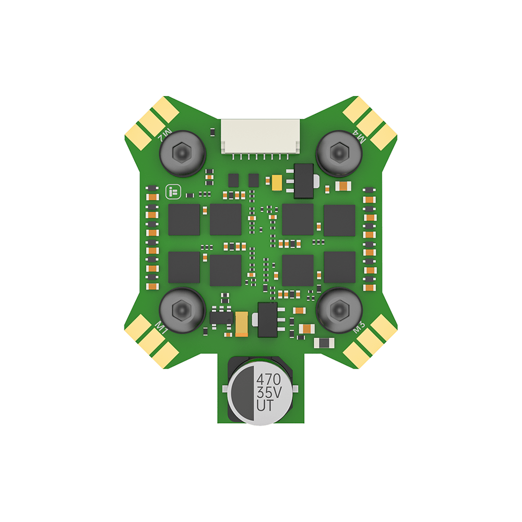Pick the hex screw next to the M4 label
339,152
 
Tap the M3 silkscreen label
359,327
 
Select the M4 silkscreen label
360,137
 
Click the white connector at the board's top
260,137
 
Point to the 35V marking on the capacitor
268,391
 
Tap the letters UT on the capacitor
265,406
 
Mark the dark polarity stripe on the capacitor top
241,391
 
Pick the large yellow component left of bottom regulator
242,322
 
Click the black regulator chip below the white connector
304,181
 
